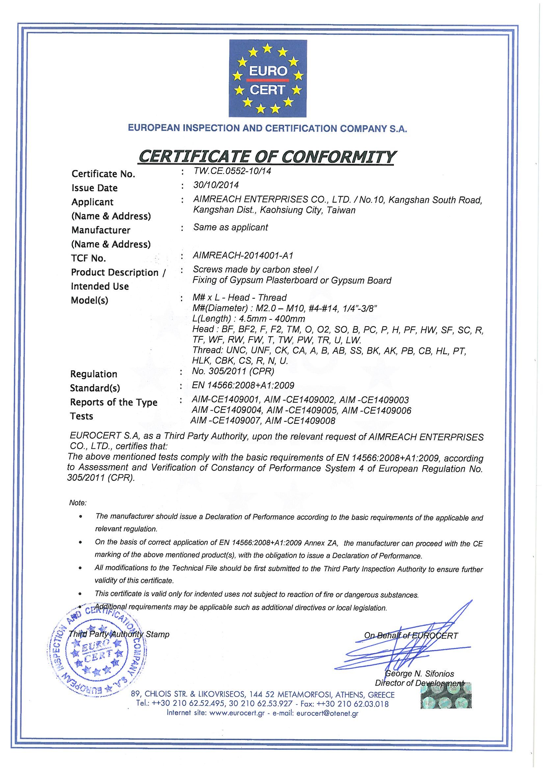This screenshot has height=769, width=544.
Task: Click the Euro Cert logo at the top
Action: tap(268, 78)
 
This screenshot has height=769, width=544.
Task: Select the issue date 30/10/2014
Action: tap(216, 185)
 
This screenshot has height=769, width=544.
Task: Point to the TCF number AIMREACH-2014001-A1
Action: tap(243, 256)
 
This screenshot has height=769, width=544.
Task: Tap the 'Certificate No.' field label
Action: tap(103, 174)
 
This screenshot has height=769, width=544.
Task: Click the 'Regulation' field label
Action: tap(94, 374)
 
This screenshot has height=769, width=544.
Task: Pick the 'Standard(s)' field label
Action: tap(95, 388)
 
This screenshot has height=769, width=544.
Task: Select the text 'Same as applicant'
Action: tap(231, 227)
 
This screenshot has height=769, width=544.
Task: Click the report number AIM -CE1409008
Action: tap(300, 421)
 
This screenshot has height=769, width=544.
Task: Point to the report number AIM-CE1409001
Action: tap(225, 400)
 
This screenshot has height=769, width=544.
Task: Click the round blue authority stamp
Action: tap(97, 654)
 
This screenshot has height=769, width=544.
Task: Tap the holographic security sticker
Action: tap(446, 695)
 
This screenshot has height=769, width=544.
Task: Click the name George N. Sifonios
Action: tap(420, 674)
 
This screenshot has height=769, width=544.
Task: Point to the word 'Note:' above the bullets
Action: tap(78, 502)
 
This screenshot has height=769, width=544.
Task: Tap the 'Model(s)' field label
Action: tap(90, 301)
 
